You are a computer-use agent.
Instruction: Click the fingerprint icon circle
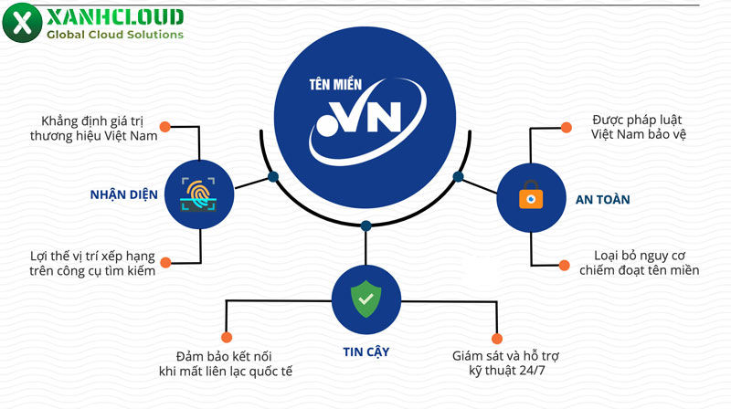199,194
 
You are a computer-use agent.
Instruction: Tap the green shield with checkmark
365,299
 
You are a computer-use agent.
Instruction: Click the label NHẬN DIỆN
124,194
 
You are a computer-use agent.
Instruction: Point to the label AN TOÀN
603,198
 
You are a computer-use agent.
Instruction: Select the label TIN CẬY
365,350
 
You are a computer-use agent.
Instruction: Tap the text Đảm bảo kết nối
224,362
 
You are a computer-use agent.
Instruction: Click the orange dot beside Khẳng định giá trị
164,126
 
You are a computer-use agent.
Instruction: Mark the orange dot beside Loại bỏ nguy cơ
564,266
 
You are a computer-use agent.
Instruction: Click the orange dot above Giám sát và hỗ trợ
498,337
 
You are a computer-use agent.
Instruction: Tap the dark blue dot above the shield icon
365,225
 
